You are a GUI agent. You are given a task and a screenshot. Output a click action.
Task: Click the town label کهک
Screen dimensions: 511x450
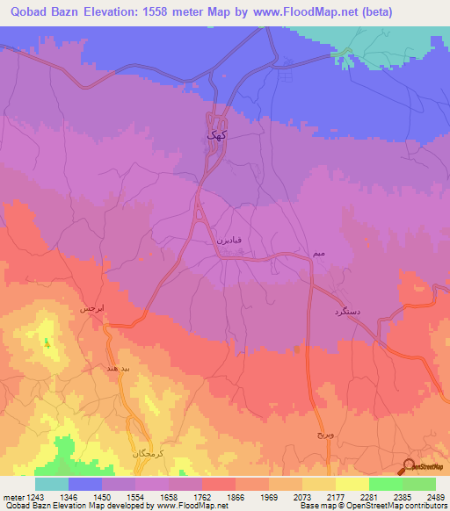point(216,135)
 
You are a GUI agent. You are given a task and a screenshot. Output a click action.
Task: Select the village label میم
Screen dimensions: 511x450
point(319,253)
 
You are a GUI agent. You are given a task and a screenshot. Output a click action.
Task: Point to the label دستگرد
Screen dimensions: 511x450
point(349,312)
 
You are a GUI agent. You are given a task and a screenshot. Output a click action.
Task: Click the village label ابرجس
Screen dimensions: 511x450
point(92,310)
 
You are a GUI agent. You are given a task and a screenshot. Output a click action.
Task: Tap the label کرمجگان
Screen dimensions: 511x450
point(147,453)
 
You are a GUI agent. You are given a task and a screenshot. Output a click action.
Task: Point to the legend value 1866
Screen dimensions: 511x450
point(236,498)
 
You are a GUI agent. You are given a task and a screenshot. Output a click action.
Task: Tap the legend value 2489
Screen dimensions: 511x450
point(436,498)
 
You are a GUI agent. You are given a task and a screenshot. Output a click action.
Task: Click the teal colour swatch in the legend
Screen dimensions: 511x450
point(52,484)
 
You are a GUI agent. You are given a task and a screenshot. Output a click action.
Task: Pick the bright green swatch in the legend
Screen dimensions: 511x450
point(386,484)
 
